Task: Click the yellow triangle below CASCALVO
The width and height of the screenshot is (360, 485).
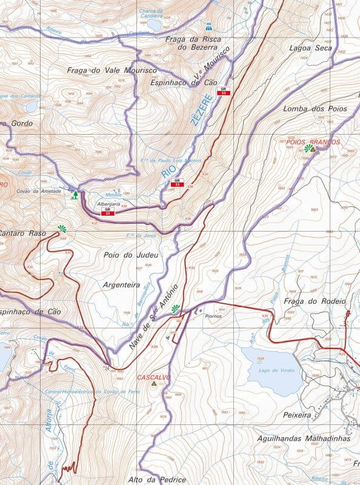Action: click(x=154, y=384)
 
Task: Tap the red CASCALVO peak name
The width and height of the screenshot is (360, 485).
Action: click(x=154, y=377)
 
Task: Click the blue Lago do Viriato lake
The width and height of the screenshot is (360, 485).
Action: click(x=272, y=369)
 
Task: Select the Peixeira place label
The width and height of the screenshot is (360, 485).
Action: click(x=297, y=416)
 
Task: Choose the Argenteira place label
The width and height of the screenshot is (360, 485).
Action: click(x=121, y=284)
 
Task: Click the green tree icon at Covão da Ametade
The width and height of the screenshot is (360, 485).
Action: click(x=75, y=195)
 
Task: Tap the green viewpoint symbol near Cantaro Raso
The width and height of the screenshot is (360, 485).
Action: click(x=61, y=229)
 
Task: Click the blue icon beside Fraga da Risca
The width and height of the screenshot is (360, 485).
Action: click(x=208, y=27)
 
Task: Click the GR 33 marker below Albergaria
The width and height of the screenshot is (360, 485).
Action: click(x=107, y=212)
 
